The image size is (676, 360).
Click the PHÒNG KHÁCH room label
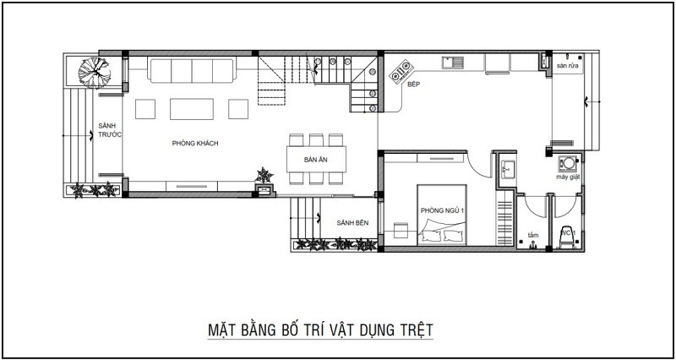(x=195, y=144)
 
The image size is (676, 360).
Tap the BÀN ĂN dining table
(x=316, y=160)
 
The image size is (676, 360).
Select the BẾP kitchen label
(x=413, y=85)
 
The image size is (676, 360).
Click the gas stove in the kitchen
(x=401, y=71)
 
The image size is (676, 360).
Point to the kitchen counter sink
(x=453, y=63)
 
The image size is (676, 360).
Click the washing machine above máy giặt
(x=568, y=164)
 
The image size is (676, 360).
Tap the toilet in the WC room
(x=567, y=237)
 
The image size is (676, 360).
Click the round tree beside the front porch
(x=95, y=73)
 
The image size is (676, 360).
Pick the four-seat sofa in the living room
(x=192, y=70)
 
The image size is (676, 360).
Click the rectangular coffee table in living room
(x=192, y=109)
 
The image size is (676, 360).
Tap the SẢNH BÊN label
(x=352, y=223)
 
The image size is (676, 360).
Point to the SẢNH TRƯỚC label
(x=108, y=130)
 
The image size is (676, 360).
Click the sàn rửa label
(x=567, y=66)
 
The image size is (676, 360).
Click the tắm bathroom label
(x=533, y=236)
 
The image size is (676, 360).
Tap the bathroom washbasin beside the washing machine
(x=508, y=169)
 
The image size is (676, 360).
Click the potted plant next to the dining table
(x=264, y=176)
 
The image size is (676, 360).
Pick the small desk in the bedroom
(x=401, y=230)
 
